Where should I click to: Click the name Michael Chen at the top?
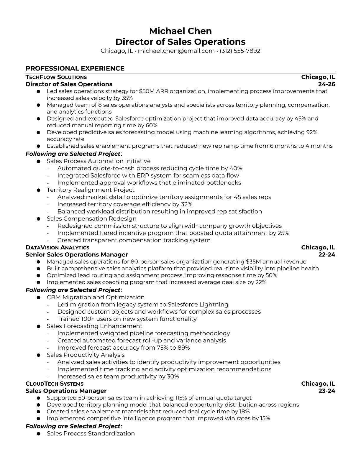click(180, 31)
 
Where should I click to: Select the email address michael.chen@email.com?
click(176, 51)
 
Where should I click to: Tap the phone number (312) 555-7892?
click(240, 51)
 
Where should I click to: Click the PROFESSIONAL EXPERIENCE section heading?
click(75, 68)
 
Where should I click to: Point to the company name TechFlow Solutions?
click(56, 77)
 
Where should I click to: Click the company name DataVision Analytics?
click(58, 248)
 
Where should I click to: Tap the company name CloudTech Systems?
click(55, 384)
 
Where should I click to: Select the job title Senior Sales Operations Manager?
click(77, 255)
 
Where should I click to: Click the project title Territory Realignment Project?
click(91, 190)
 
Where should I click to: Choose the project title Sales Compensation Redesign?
click(91, 219)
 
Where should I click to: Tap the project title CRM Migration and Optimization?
click(96, 297)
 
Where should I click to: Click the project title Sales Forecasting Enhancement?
click(94, 326)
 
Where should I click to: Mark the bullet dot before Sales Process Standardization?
click(38, 434)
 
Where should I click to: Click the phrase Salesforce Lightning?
click(198, 305)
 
